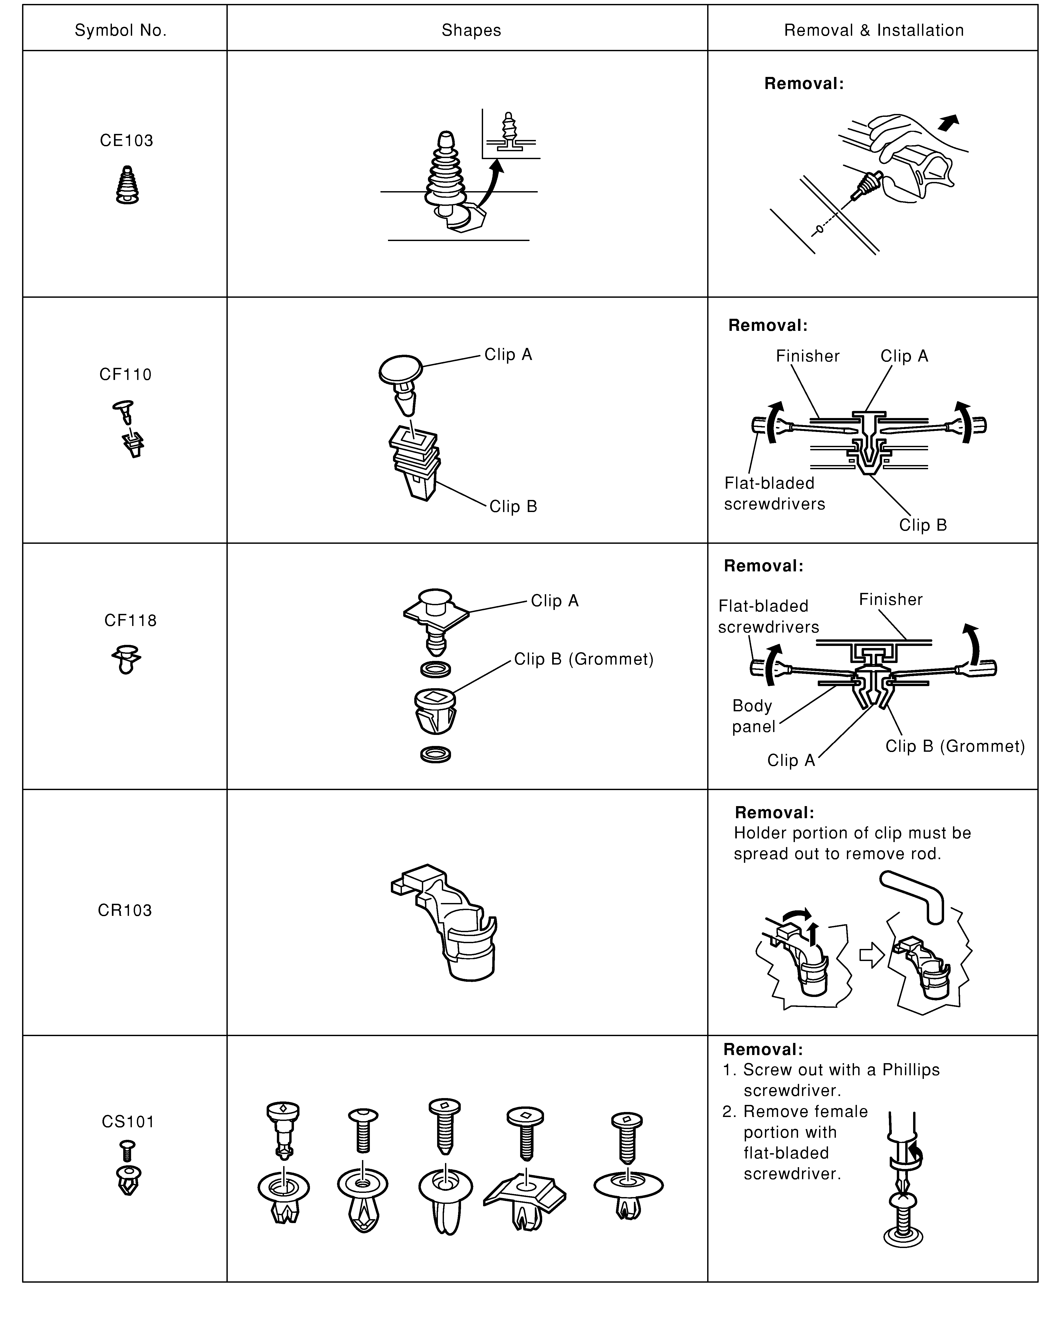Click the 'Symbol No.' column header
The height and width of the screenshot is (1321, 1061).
121,31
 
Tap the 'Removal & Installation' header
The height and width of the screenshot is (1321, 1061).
873,31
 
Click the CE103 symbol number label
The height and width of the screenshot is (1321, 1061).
126,141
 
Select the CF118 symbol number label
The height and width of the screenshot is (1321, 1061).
130,621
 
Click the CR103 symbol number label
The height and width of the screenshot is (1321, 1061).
125,911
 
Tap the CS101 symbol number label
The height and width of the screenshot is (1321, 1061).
127,1122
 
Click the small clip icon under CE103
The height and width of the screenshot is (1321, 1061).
127,185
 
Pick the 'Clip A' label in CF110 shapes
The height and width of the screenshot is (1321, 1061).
508,355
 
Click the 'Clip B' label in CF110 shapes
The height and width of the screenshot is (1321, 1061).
513,507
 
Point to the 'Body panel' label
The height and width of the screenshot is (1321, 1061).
753,716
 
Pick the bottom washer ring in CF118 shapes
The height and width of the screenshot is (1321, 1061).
436,754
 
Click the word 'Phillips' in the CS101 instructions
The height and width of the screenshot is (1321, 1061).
911,1070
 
